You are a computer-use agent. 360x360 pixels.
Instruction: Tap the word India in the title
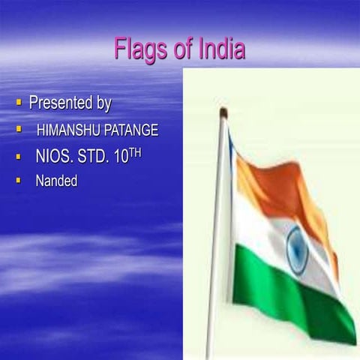pos(222,49)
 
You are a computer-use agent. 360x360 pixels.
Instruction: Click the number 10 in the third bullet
pos(124,158)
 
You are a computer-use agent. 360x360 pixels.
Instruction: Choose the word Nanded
pos(56,181)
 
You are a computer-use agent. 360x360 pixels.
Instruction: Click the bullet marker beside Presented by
pos(19,100)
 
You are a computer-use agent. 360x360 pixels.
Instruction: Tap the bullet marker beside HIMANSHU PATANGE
pos(19,129)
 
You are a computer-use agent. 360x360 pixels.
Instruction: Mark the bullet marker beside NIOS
pos(19,157)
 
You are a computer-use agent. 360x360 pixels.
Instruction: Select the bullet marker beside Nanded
pos(19,180)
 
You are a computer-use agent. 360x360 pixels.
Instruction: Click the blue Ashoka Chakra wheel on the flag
pos(297,250)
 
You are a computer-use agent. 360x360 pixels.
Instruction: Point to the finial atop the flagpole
pos(223,112)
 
